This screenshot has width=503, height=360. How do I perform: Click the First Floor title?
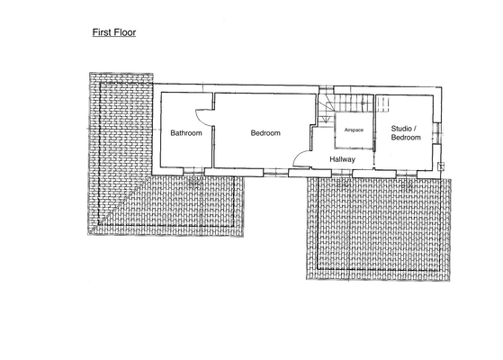click(x=114, y=31)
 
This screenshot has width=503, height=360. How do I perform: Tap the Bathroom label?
click(x=186, y=133)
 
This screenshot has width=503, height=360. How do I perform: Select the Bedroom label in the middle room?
click(x=265, y=133)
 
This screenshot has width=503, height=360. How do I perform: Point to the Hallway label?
click(x=342, y=159)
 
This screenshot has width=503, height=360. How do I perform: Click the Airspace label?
click(x=354, y=130)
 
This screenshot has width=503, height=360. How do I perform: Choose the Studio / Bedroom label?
click(x=406, y=133)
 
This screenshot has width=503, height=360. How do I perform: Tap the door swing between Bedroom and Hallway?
click(x=301, y=160)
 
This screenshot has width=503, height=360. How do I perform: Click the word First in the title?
click(x=102, y=31)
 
